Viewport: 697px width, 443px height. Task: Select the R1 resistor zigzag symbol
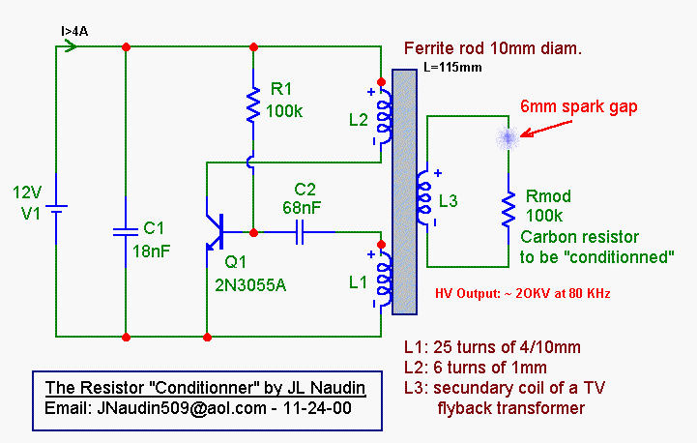pos(253,106)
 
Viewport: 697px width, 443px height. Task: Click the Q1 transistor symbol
pos(217,231)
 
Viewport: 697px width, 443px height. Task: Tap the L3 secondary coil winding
pos(422,200)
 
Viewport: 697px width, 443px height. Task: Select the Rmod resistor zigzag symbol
pos(506,209)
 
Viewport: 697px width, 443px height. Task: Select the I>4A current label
pos(75,31)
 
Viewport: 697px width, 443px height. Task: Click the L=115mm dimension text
pos(452,68)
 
